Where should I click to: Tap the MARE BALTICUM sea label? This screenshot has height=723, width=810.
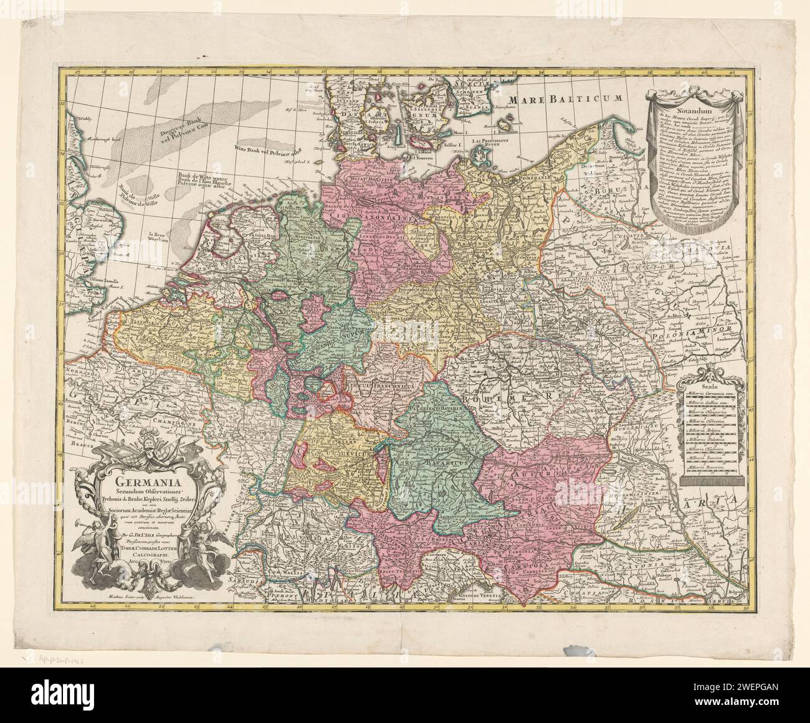565,98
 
